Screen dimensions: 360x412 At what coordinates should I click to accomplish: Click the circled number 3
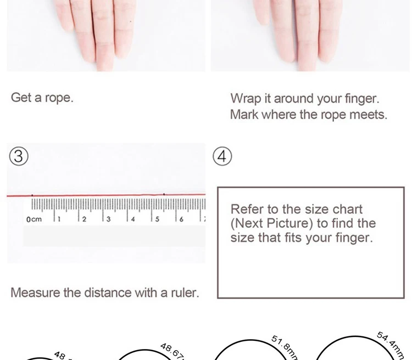pos(19,157)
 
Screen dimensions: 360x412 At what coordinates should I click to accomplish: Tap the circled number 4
pos(222,157)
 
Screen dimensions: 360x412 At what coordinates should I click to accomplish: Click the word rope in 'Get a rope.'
pos(58,98)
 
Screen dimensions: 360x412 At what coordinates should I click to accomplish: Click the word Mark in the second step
pos(243,115)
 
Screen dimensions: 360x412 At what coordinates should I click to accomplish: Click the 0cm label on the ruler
pos(34,220)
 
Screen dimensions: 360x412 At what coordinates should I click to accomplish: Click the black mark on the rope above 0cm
pos(32,195)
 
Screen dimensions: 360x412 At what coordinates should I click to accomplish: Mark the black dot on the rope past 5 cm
pos(165,194)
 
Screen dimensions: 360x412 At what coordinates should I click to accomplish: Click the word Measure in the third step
pos(35,292)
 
